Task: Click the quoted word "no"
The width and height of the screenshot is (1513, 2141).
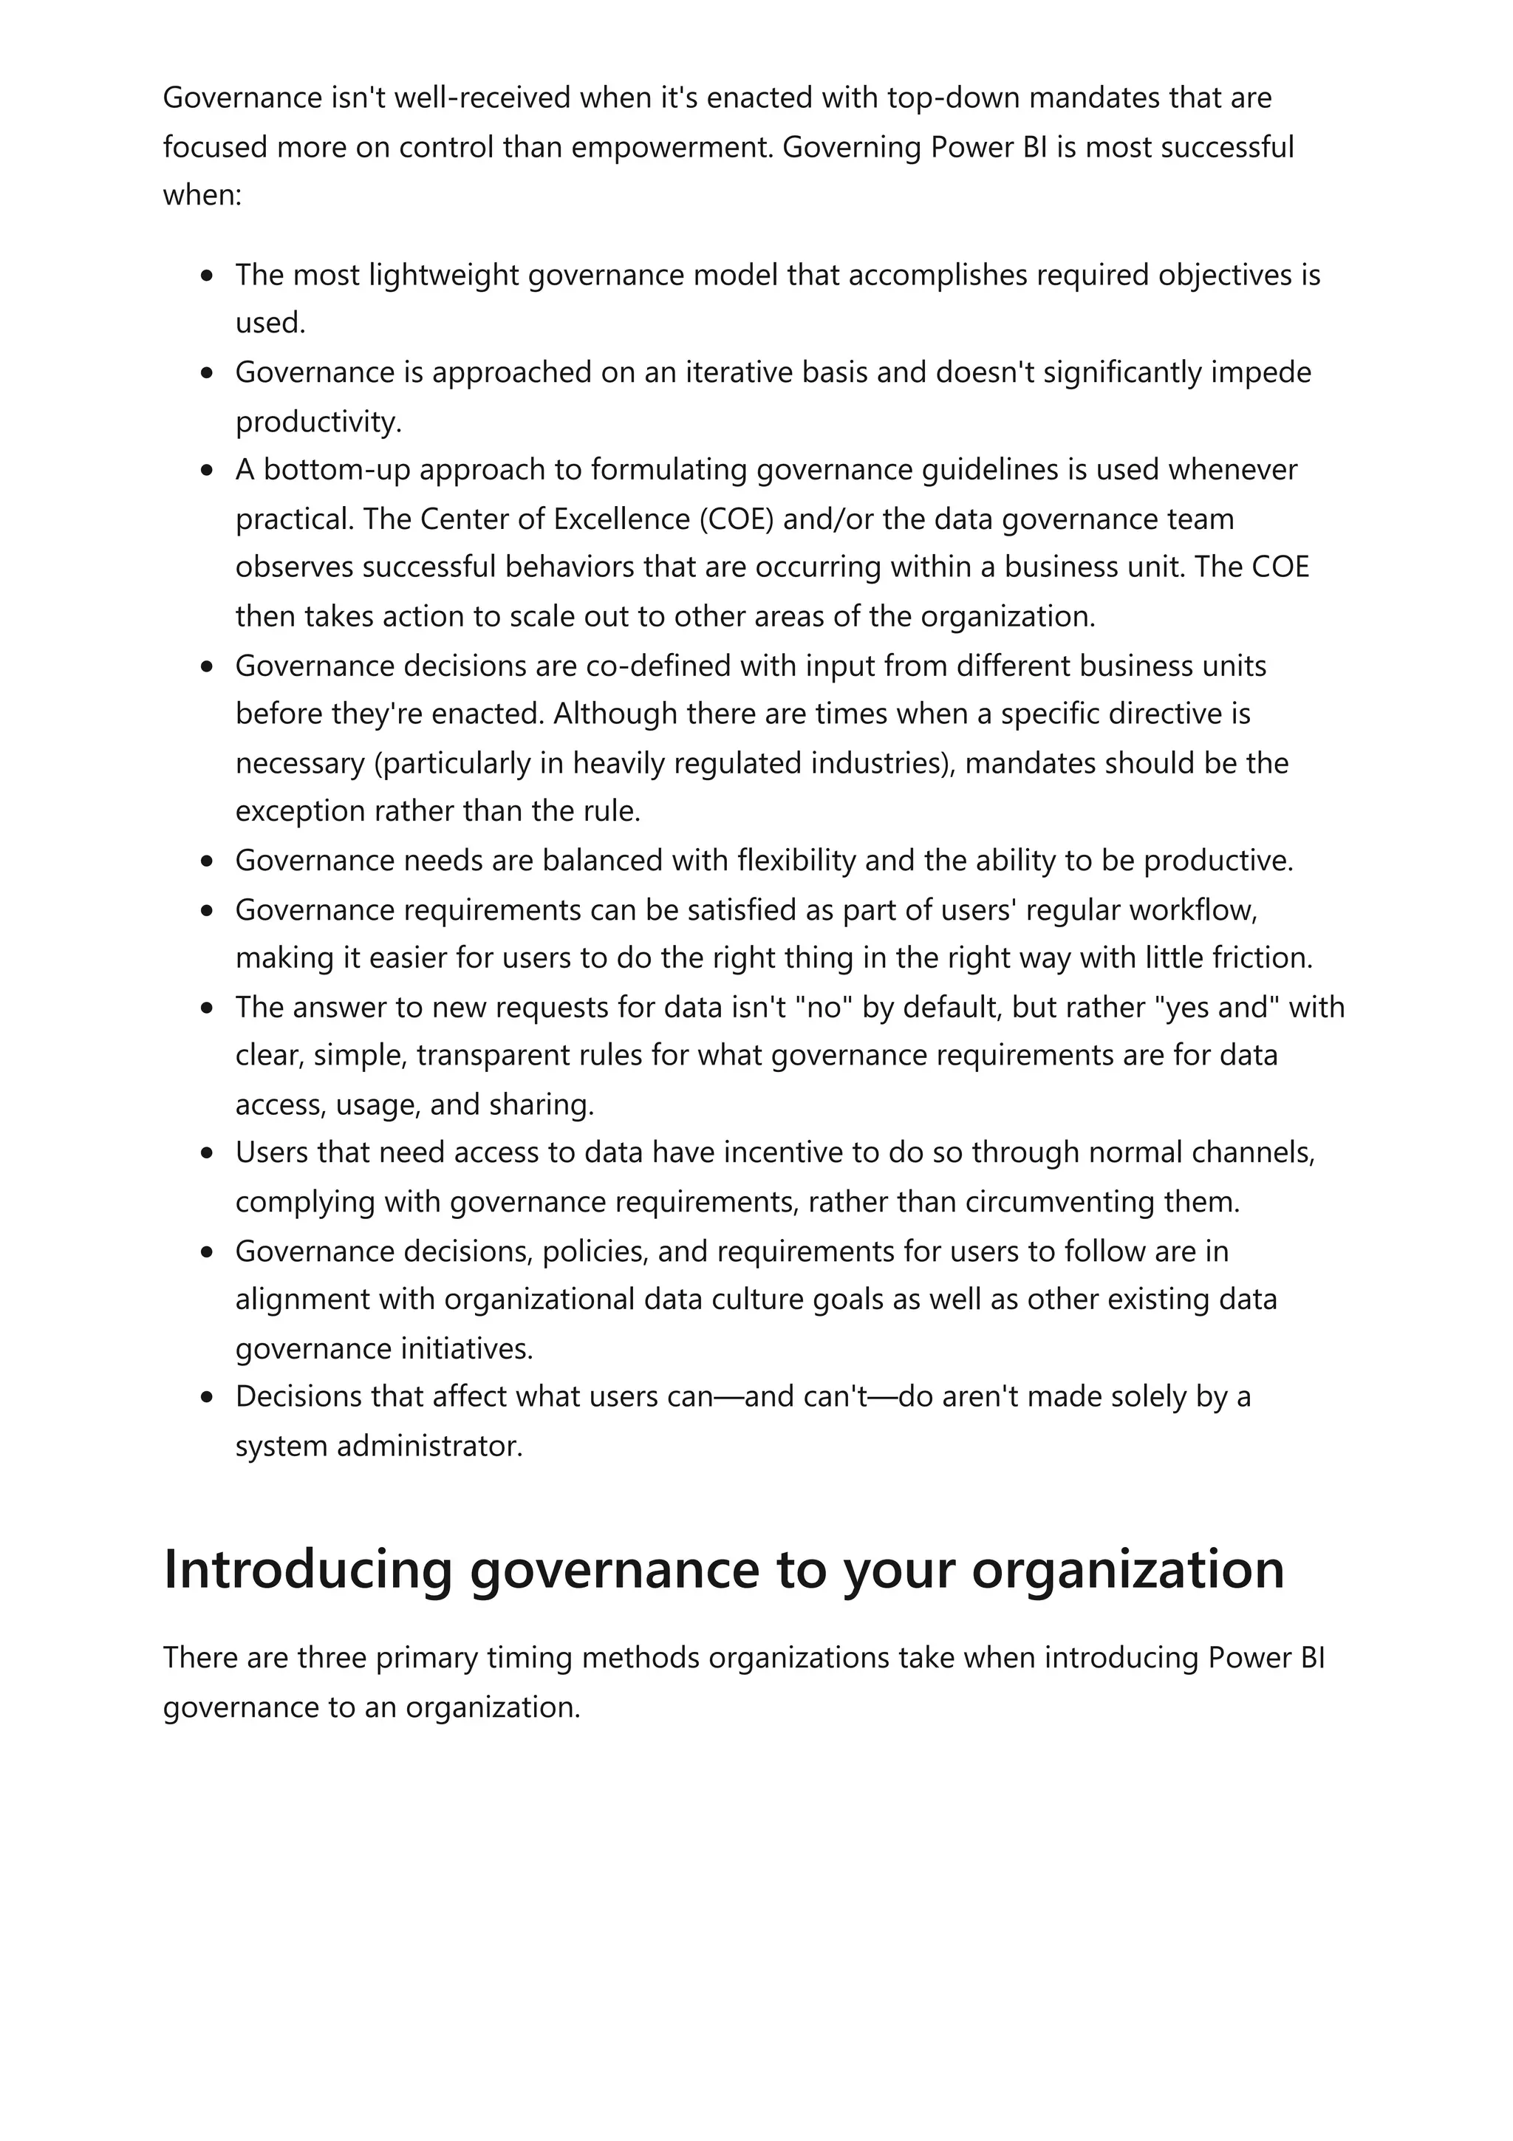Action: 823,1007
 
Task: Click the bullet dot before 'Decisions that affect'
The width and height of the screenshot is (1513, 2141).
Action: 207,1398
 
